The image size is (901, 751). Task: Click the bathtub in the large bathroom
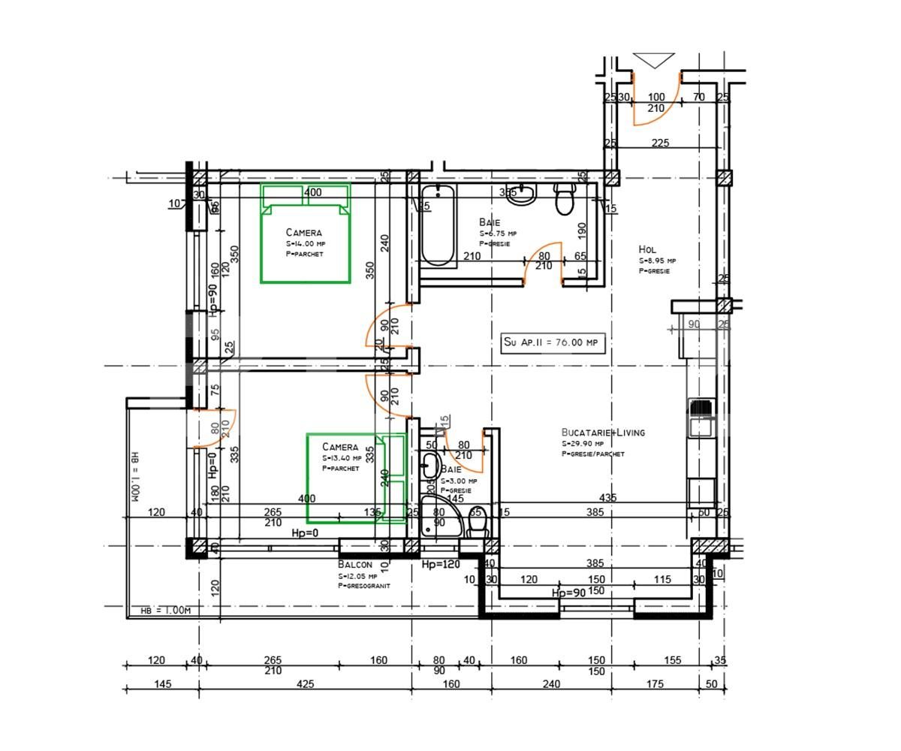(x=438, y=225)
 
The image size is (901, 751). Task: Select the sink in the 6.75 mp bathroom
(x=521, y=195)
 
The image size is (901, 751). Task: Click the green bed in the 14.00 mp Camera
(x=306, y=234)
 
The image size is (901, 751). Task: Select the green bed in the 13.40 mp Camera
(x=355, y=478)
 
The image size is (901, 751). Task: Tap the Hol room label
(x=647, y=249)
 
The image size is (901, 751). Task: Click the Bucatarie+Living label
(x=603, y=433)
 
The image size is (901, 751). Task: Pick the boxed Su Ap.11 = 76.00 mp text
(x=553, y=342)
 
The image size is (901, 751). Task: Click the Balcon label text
(x=354, y=564)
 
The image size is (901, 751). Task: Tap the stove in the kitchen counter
(x=701, y=409)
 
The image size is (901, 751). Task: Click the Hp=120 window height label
(x=441, y=565)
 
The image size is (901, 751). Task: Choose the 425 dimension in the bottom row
(x=305, y=684)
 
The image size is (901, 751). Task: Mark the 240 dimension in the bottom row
(x=550, y=684)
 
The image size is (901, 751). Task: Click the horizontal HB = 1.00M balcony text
(x=166, y=611)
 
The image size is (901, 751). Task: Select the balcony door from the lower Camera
(x=215, y=428)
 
